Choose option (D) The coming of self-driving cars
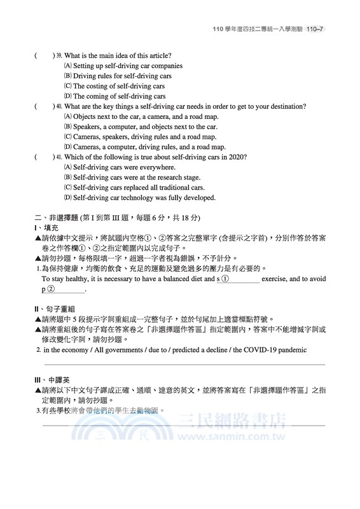(x=115, y=97)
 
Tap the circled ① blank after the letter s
(x=240, y=279)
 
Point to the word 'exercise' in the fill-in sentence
(x=278, y=279)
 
